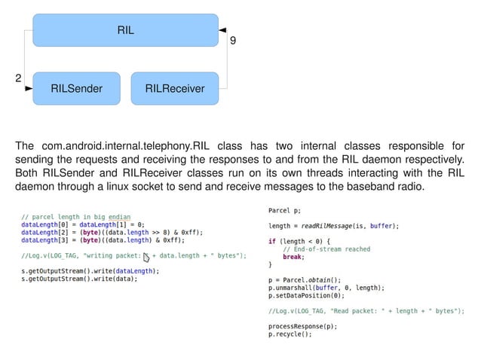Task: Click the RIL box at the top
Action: point(125,30)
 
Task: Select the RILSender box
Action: point(75,89)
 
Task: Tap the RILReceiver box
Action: point(174,89)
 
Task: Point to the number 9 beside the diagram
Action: point(232,41)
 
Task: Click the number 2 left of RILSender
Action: point(19,78)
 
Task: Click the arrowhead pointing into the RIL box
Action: point(222,29)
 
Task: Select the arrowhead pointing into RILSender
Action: point(29,89)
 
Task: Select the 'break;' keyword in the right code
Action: point(293,256)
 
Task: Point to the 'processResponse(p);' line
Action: point(302,326)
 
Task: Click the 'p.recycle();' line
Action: point(290,334)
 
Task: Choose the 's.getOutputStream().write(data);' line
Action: point(80,279)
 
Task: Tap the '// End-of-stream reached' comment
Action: point(326,249)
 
